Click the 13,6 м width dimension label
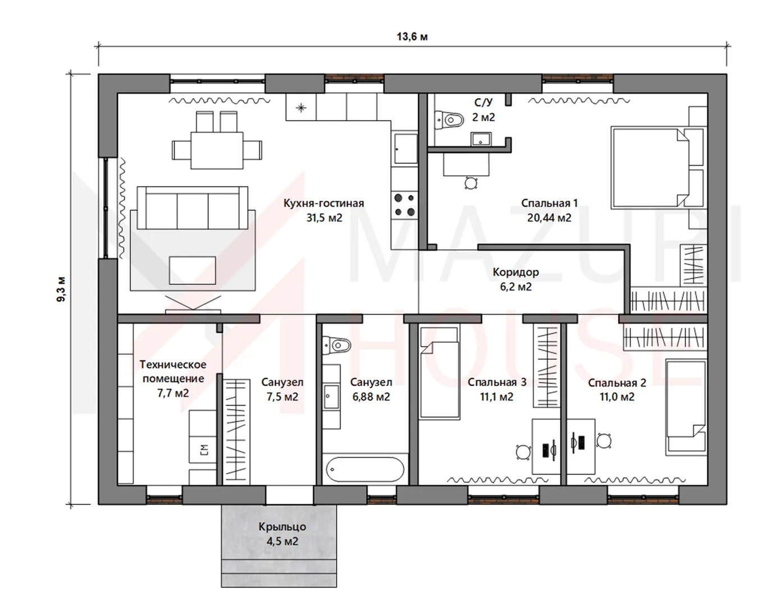(x=412, y=36)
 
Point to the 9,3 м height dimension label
(x=61, y=289)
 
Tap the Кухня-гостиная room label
(x=324, y=203)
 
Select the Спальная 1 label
(x=549, y=203)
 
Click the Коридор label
(x=516, y=272)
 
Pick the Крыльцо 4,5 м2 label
(x=282, y=534)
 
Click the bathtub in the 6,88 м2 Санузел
(x=365, y=469)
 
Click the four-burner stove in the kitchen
(x=405, y=205)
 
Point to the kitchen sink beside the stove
(x=405, y=148)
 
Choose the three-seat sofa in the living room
(x=193, y=208)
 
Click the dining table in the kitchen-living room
(x=217, y=150)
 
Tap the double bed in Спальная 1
(x=649, y=167)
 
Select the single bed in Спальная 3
(x=440, y=373)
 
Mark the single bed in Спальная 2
(x=686, y=408)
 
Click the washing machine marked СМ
(x=203, y=449)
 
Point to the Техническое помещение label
(x=173, y=371)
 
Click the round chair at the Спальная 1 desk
(x=471, y=183)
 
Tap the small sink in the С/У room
(x=481, y=139)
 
